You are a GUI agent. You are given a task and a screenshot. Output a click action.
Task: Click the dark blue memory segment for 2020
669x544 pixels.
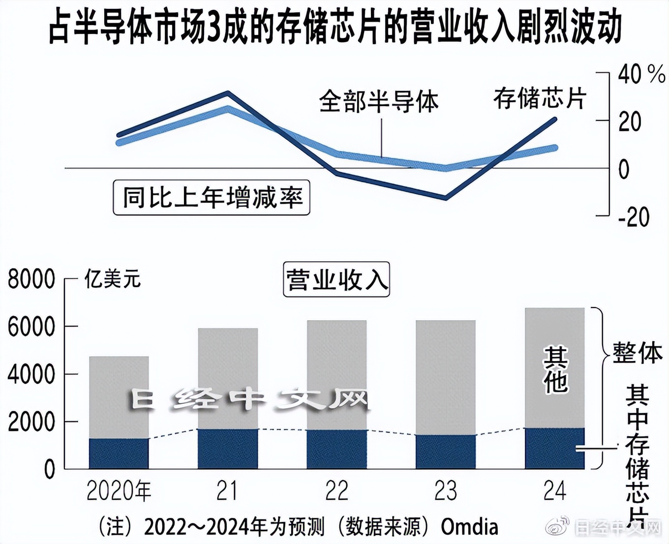point(119,453)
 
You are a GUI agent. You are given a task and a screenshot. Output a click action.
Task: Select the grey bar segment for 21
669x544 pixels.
point(228,378)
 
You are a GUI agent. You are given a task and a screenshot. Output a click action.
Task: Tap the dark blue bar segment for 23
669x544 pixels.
point(446,452)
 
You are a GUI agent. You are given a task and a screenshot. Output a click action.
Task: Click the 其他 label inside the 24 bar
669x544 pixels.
point(555,369)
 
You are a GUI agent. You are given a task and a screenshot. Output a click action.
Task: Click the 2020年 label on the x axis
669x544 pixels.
point(119,490)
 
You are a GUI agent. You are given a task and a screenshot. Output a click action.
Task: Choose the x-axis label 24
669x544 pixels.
point(555,490)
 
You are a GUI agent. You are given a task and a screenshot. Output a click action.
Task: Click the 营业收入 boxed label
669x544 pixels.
point(336,279)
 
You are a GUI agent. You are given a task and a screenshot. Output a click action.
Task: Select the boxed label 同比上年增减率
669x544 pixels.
point(212,198)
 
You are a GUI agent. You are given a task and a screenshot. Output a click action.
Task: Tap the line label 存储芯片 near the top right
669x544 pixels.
point(540,98)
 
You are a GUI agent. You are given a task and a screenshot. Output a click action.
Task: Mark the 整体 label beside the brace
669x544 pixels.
point(638,353)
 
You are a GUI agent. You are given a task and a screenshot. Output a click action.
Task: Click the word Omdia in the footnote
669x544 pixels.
point(469,527)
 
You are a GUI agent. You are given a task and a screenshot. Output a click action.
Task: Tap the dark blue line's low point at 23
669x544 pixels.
point(446,198)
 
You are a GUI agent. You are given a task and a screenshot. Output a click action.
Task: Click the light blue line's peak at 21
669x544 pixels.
point(227,108)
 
